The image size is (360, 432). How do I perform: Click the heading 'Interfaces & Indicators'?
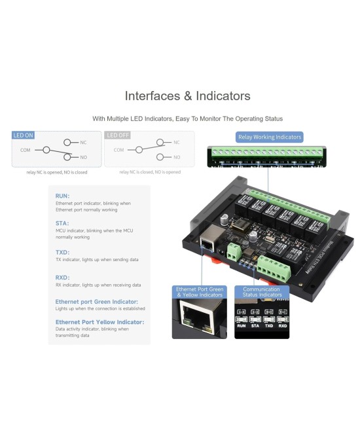tap(187, 96)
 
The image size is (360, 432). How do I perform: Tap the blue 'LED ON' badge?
tap(24, 135)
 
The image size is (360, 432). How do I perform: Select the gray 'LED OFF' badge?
tap(118, 135)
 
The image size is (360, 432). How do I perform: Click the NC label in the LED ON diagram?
tap(83, 142)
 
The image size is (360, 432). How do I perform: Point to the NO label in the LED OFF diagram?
tap(177, 157)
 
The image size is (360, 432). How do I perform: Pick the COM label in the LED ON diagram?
tap(26, 150)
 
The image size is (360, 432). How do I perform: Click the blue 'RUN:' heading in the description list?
tap(63, 196)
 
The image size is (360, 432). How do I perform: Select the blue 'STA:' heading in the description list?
tap(62, 223)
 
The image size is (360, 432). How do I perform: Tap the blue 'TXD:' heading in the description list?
tap(63, 251)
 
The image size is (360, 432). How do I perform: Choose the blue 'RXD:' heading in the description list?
tap(63, 277)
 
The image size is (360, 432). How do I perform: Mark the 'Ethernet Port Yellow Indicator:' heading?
tap(99, 322)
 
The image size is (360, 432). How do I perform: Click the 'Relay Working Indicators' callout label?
tap(270, 137)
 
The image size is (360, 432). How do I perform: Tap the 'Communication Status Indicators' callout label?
tap(261, 292)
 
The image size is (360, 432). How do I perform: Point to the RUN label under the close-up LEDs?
tap(242, 325)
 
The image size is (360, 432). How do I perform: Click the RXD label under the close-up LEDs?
tap(283, 325)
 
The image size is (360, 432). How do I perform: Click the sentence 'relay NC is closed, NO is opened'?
tap(150, 172)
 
